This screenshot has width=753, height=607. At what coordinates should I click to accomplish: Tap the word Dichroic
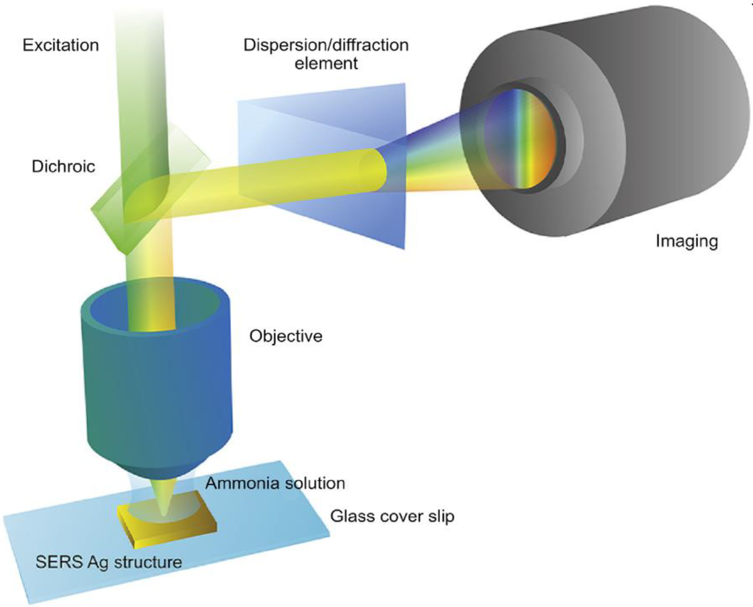63,166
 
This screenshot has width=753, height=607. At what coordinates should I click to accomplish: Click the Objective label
286,336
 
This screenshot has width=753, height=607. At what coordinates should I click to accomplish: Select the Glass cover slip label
392,516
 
